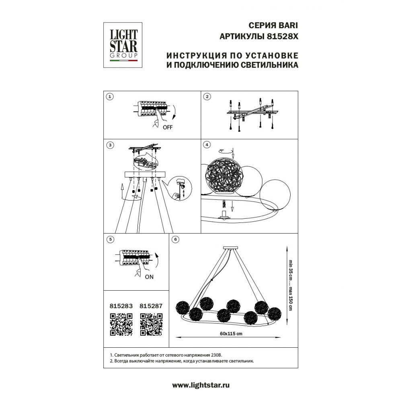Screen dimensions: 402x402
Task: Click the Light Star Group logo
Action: [x=123, y=45]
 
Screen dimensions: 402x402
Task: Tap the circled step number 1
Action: [x=110, y=96]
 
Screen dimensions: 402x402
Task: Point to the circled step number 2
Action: [x=207, y=96]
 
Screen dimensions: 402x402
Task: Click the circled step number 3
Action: [x=110, y=145]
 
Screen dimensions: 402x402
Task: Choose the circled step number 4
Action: [x=207, y=145]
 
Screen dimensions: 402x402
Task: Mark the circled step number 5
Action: [x=110, y=239]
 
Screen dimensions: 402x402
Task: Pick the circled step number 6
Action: [x=175, y=239]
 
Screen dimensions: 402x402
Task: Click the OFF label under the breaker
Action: [x=168, y=127]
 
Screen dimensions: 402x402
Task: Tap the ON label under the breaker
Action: [x=149, y=277]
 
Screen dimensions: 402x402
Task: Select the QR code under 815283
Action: [x=121, y=324]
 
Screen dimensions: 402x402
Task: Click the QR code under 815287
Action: [x=151, y=324]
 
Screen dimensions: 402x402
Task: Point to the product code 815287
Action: [x=151, y=306]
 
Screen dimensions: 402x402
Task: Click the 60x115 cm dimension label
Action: [x=231, y=334]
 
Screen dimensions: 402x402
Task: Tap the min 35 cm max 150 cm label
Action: [x=291, y=285]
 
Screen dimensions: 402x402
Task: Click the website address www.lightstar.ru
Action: [x=201, y=385]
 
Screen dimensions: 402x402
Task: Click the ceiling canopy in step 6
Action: [x=231, y=248]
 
